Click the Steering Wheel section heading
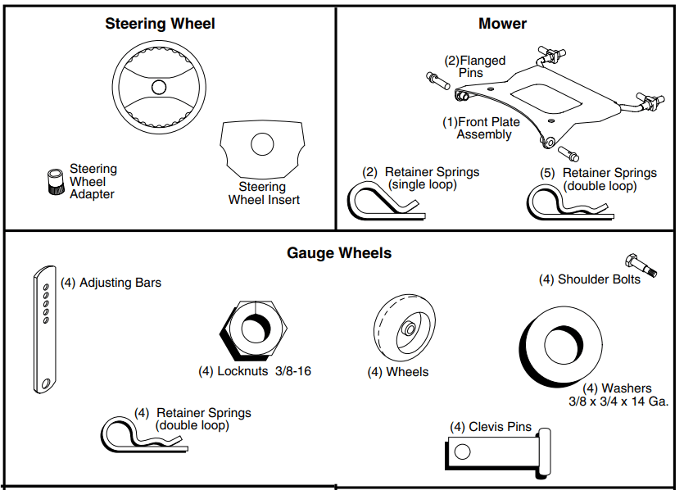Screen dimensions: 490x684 tap(160, 24)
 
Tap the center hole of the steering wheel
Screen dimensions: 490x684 tap(159, 86)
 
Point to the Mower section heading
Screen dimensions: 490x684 tap(502, 24)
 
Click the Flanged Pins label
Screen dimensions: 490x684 tap(475, 66)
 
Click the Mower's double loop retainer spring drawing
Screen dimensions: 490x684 tap(565, 202)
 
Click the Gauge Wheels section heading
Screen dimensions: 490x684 tap(339, 253)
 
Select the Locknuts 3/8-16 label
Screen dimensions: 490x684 tap(255, 371)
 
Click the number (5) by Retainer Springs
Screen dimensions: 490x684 tap(548, 173)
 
